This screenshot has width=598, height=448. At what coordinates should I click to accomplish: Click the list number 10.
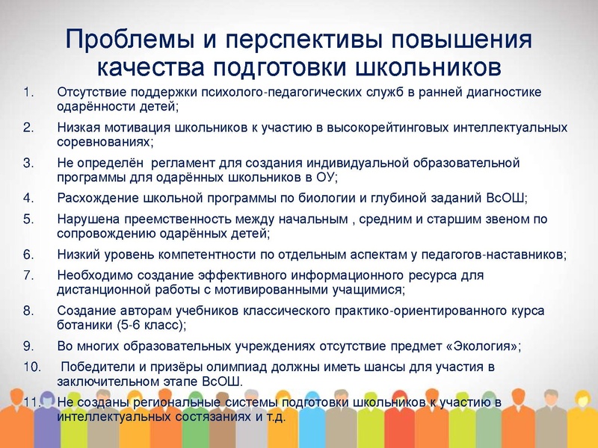[x=31, y=367]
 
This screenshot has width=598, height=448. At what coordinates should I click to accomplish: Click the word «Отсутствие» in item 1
[x=90, y=93]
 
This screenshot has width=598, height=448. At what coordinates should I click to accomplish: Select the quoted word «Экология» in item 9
[x=472, y=346]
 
